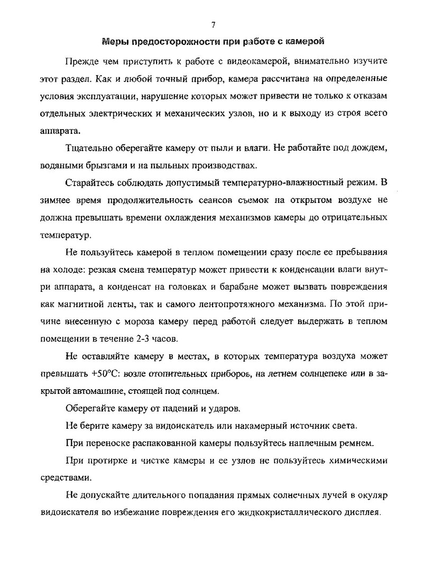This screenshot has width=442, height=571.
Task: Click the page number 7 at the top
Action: tap(213, 24)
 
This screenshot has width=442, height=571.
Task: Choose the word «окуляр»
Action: tap(372, 495)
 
